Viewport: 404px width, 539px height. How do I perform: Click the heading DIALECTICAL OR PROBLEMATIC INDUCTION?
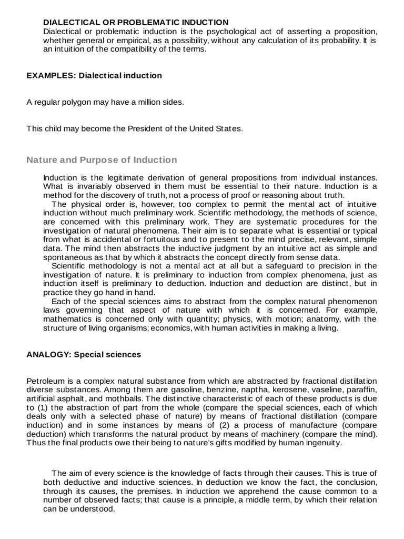pos(135,22)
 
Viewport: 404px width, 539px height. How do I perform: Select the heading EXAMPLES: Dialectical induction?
pos(94,75)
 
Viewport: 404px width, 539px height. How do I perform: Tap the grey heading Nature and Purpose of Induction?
pos(102,159)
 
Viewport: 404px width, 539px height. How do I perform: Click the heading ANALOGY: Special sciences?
pos(84,354)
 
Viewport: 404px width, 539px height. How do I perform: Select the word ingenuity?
pos(323,443)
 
